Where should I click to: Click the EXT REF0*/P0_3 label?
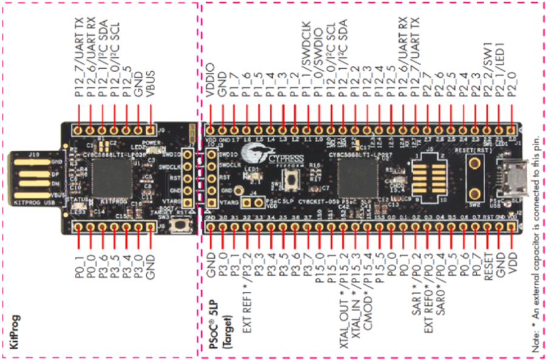coord(427,285)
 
